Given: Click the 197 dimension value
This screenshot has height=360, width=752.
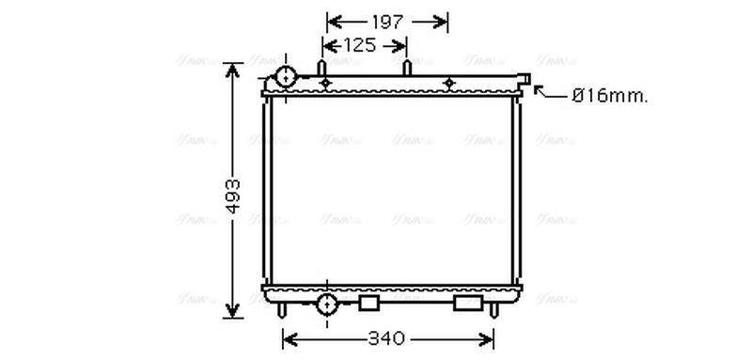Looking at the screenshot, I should (x=386, y=21).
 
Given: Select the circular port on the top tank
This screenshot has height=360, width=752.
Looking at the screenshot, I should (x=285, y=77).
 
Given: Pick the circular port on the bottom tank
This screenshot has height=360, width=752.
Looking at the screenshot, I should (x=327, y=304).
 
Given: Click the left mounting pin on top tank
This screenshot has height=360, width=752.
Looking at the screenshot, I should (x=322, y=69).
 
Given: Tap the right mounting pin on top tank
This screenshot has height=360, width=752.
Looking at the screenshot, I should (x=407, y=69).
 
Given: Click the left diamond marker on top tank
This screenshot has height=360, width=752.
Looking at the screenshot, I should (x=325, y=85).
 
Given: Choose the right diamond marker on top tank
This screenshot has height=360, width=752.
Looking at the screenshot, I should (x=448, y=85).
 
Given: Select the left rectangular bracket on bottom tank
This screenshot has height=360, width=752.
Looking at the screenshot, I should (x=369, y=303).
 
